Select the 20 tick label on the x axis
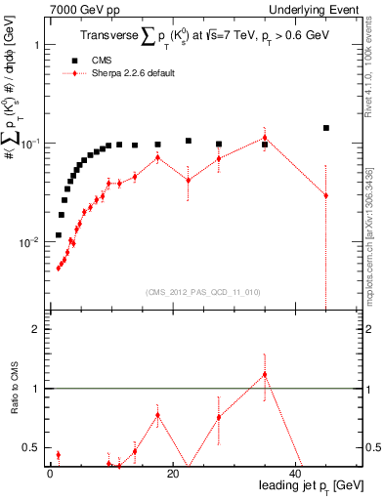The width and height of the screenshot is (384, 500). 172,473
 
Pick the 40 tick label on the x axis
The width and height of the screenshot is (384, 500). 295,473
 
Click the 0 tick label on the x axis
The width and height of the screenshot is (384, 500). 50,473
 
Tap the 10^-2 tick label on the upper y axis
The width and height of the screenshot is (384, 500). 29,242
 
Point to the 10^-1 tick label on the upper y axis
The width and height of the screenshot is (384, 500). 29,144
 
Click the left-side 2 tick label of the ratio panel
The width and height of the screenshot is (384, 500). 35,329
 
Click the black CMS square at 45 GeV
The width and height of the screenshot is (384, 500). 326,128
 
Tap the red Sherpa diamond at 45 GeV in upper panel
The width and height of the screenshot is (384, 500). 326,195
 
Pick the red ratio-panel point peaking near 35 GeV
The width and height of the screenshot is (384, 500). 265,374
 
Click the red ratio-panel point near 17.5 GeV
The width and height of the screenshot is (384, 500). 157,415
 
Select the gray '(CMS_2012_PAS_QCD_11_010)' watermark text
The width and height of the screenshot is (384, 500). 203,292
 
